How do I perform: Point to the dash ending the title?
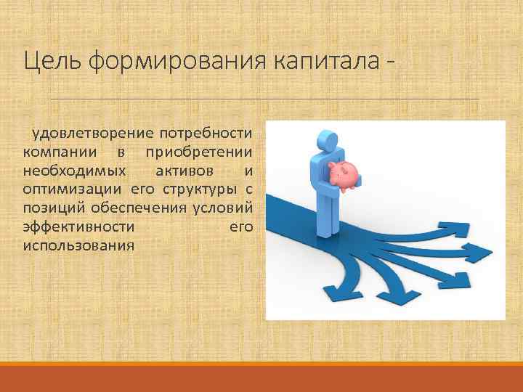point(392,64)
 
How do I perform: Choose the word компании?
point(56,152)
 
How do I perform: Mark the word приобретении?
point(198,152)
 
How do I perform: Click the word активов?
point(185,171)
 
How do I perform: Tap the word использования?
point(78,245)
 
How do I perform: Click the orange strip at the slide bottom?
point(261,377)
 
